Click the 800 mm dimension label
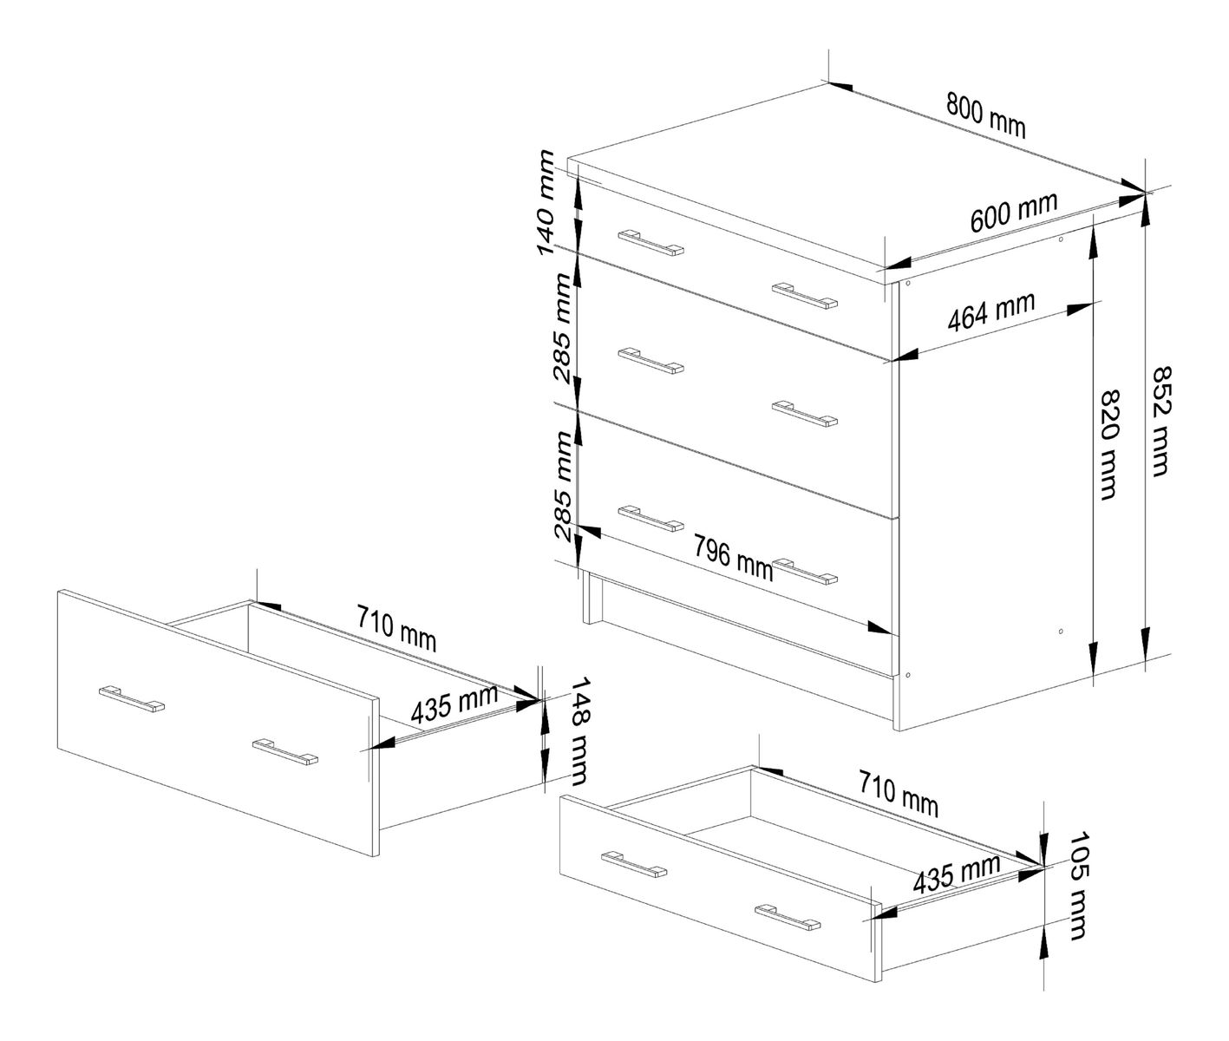(x=985, y=117)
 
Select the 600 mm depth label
(x=1013, y=213)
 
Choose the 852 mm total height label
(x=1159, y=421)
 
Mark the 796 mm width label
(x=733, y=557)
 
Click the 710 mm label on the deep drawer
(x=396, y=627)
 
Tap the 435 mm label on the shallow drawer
(x=956, y=874)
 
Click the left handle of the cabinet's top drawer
(x=651, y=243)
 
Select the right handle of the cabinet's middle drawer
(x=806, y=414)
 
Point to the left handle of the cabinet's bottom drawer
(x=650, y=517)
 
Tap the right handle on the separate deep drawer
(x=285, y=752)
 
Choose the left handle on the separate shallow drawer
(x=634, y=864)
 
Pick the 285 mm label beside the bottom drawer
(x=562, y=486)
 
